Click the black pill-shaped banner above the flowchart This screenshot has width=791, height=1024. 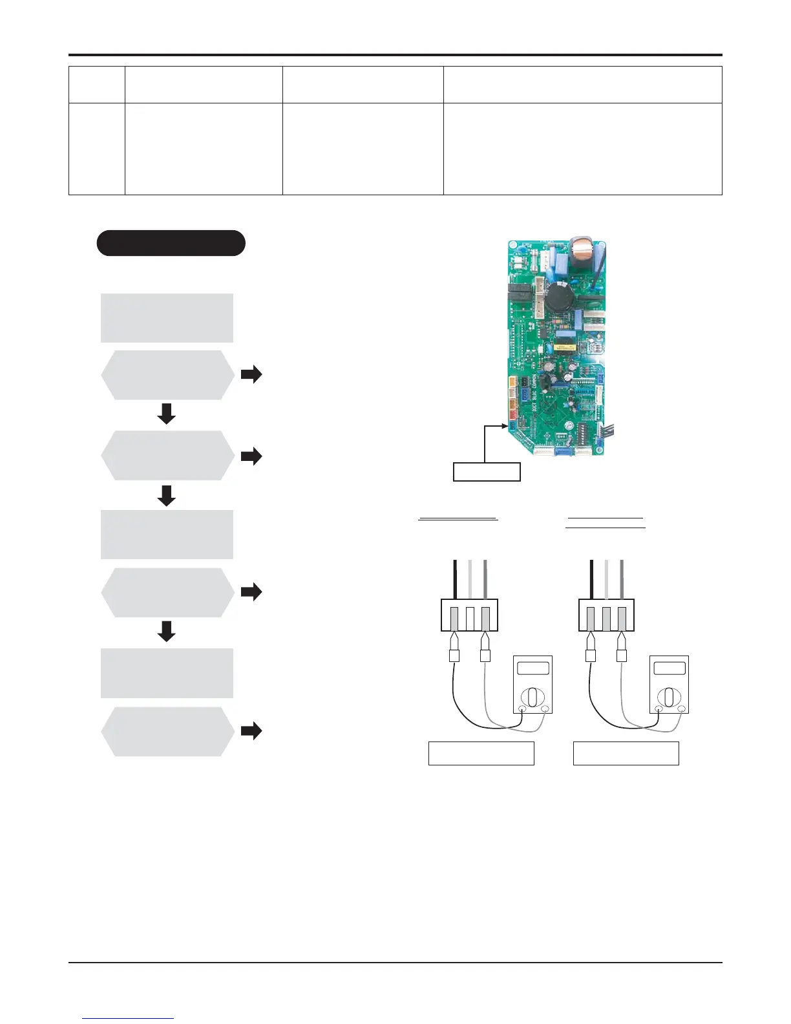pyautogui.click(x=171, y=243)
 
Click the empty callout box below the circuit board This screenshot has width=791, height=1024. pyautogui.click(x=487, y=472)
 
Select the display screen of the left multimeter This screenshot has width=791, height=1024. pyautogui.click(x=533, y=668)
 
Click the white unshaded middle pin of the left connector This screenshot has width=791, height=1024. pyautogui.click(x=470, y=617)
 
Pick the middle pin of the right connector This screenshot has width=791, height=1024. pyautogui.click(x=606, y=617)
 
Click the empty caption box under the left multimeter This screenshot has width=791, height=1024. pyautogui.click(x=481, y=753)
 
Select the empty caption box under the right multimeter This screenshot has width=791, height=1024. pyautogui.click(x=626, y=753)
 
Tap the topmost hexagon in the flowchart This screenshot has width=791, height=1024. pyautogui.click(x=167, y=375)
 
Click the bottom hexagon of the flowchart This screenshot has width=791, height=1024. pyautogui.click(x=167, y=731)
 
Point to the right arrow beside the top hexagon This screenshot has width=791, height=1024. pyautogui.click(x=251, y=374)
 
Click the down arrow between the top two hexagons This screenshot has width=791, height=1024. pyautogui.click(x=167, y=414)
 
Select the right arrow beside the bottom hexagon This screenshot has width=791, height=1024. pyautogui.click(x=251, y=731)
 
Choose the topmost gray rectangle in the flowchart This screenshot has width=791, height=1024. pyautogui.click(x=167, y=317)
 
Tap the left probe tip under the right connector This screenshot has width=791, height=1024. pyautogui.click(x=590, y=643)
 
